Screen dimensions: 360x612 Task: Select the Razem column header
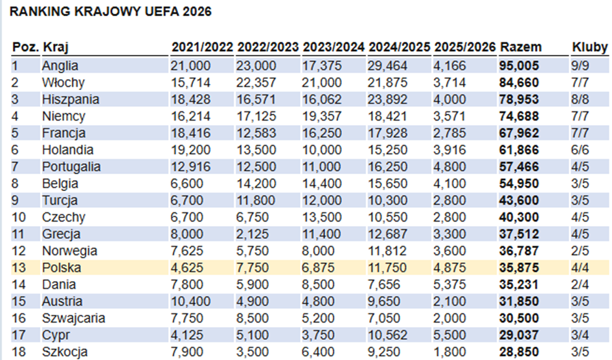tap(521, 48)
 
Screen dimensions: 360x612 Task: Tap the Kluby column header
tap(589, 48)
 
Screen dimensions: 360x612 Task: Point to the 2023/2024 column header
tap(334, 48)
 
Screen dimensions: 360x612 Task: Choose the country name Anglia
tap(60, 65)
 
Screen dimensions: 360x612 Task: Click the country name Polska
tap(61, 267)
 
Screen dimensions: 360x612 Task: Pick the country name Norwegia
tap(69, 251)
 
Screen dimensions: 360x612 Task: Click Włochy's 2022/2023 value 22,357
tap(256, 82)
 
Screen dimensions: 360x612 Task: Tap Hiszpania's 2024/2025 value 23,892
tap(388, 99)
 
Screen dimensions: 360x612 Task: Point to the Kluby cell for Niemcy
tap(580, 116)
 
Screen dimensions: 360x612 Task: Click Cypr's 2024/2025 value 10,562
tap(388, 335)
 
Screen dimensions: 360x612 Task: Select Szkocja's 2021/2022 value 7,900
tap(187, 352)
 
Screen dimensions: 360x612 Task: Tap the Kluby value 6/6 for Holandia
tap(580, 150)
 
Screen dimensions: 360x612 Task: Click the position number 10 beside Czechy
tap(19, 217)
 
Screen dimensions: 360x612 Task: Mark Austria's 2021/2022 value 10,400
tap(190, 301)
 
